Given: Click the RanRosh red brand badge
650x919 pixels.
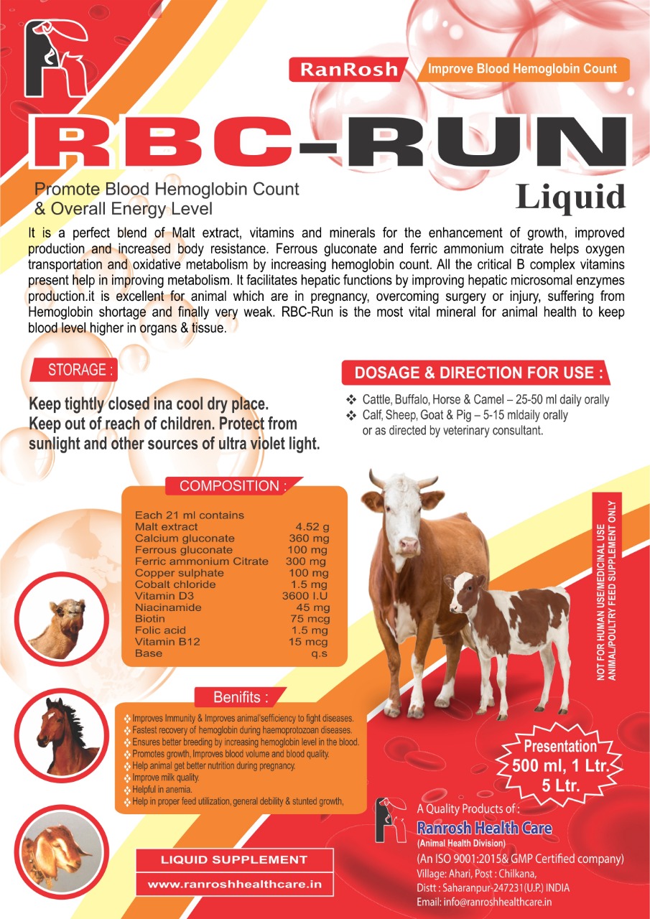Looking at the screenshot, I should tap(348, 70).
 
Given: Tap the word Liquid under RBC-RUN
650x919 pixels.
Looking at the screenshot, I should tap(570, 197).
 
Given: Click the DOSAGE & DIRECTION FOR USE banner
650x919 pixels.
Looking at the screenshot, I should tap(478, 373).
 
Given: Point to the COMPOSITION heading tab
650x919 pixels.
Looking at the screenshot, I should tap(233, 486).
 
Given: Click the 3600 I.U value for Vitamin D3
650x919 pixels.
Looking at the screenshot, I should tap(305, 596).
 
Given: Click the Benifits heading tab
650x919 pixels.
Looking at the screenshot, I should tap(241, 697).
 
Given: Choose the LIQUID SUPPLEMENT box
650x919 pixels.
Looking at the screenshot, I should tap(233, 859).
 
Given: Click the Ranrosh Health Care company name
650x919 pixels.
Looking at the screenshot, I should tap(484, 829).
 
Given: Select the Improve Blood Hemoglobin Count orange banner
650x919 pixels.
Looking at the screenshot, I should tap(522, 69).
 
